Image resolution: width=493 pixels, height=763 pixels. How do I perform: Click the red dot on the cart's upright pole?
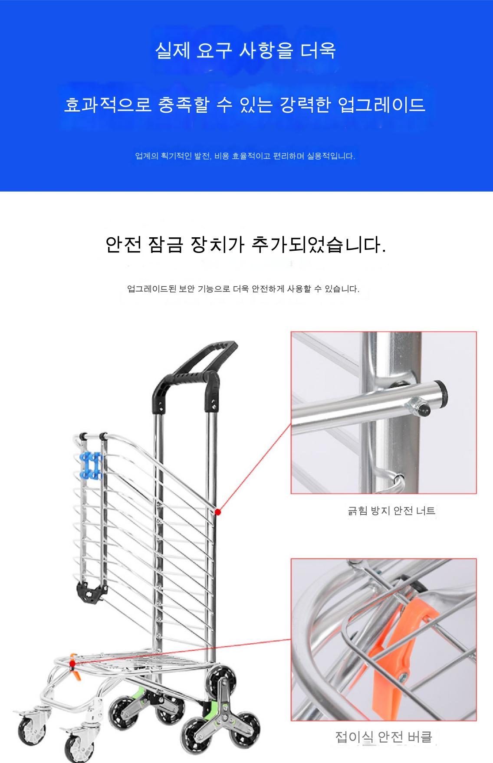coord(218,512)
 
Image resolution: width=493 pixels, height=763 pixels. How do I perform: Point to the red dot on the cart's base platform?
coord(72,664)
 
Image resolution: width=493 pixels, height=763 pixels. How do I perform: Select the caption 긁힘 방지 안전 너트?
coord(391,511)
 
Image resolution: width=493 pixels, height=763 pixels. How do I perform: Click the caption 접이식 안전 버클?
coord(384,737)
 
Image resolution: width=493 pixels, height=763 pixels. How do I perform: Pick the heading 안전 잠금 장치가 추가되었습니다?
coord(246,245)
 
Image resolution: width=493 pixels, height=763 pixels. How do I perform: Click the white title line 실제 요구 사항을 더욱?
coord(246,51)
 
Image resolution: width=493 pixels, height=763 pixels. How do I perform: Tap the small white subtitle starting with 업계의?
coord(245,156)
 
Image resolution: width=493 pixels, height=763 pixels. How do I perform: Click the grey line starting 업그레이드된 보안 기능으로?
coord(243,289)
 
